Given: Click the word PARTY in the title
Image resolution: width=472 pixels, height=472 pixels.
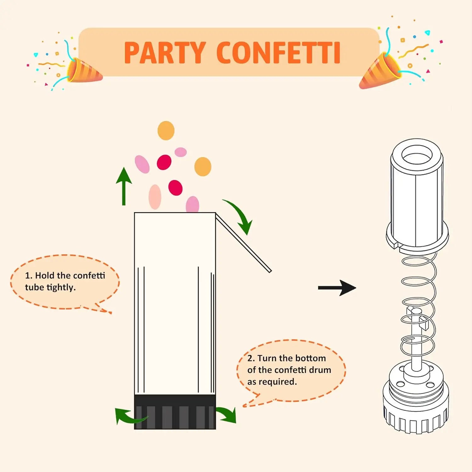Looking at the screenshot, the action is click(x=165, y=53).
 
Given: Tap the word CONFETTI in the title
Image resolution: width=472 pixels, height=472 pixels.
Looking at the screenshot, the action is click(x=278, y=53).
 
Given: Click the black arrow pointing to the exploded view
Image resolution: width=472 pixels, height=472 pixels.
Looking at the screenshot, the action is click(x=337, y=288).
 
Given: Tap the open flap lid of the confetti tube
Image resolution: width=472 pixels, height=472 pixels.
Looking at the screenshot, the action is click(x=243, y=243).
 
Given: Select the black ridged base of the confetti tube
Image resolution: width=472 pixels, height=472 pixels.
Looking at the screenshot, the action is click(x=175, y=412).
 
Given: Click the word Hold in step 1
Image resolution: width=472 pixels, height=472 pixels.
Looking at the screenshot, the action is click(x=45, y=276).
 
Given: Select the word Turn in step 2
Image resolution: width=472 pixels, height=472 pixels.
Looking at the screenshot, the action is click(x=267, y=358).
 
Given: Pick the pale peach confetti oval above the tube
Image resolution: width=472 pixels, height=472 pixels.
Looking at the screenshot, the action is click(x=155, y=197).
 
